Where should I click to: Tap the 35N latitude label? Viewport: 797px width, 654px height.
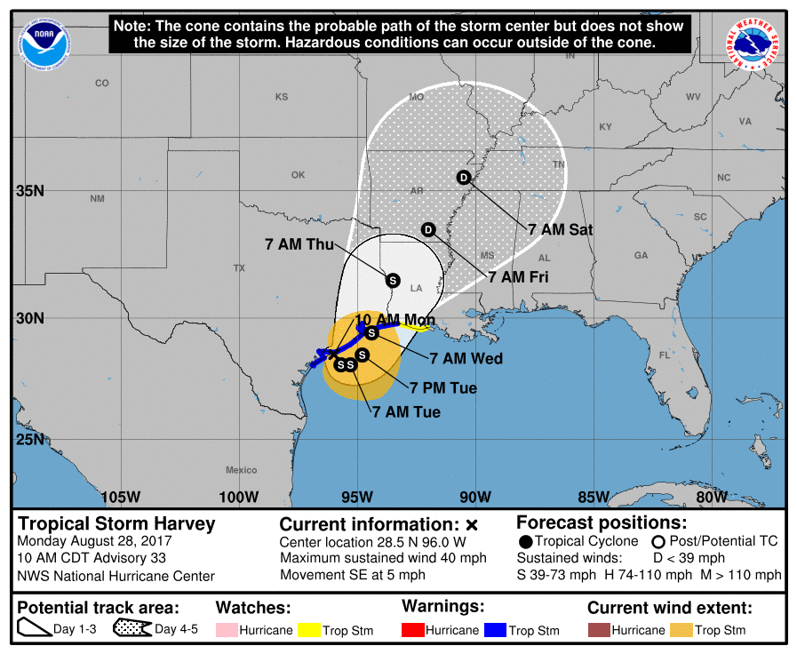pyautogui.click(x=29, y=191)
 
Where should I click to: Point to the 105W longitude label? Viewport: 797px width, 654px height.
pyautogui.click(x=121, y=496)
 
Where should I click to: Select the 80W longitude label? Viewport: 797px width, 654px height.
pyautogui.click(x=712, y=496)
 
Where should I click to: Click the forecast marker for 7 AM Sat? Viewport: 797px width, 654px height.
pyautogui.click(x=463, y=177)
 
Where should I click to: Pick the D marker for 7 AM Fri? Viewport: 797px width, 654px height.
pyautogui.click(x=428, y=230)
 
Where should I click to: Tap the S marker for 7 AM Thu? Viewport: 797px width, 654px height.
pyautogui.click(x=393, y=280)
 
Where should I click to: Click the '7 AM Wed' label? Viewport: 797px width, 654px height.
pyautogui.click(x=466, y=359)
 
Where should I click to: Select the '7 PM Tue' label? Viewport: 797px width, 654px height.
pyautogui.click(x=443, y=387)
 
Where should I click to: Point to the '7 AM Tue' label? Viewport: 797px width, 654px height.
pyautogui.click(x=406, y=411)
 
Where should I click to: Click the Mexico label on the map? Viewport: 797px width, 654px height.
pyautogui.click(x=241, y=470)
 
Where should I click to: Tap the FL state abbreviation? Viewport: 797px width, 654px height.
pyautogui.click(x=664, y=355)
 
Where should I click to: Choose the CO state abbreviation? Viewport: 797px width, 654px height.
pyautogui.click(x=102, y=84)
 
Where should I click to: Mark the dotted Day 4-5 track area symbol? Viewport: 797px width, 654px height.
pyautogui.click(x=132, y=630)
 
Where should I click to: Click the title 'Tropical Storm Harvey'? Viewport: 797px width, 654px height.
pyautogui.click(x=116, y=523)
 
